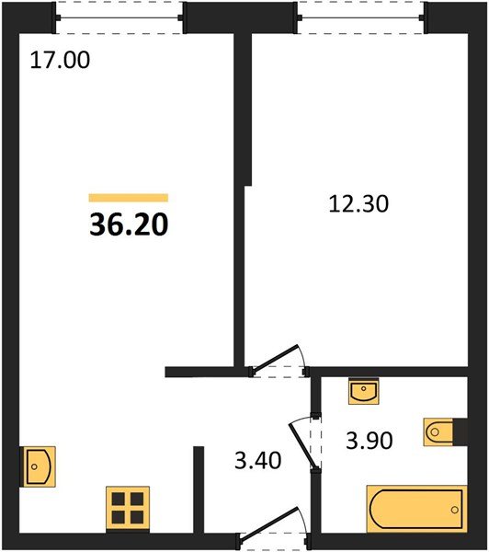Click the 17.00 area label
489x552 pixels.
click(x=60, y=60)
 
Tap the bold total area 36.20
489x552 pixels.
click(x=129, y=224)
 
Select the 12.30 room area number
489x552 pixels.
click(x=358, y=204)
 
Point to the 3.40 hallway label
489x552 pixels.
click(x=258, y=461)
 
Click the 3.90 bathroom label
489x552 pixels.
click(x=369, y=441)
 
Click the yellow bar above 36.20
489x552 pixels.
click(x=129, y=198)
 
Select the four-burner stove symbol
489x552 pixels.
click(x=128, y=508)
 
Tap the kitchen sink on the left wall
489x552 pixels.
click(x=38, y=466)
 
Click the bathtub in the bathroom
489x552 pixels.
click(x=416, y=509)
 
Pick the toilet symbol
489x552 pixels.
click(x=438, y=432)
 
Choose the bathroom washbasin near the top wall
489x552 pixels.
click(x=364, y=391)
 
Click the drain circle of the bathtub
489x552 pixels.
click(x=454, y=510)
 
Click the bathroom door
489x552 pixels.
click(x=305, y=443)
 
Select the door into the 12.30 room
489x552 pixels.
click(x=278, y=361)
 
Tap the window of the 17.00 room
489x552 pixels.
click(x=119, y=17)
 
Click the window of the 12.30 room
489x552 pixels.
click(x=362, y=17)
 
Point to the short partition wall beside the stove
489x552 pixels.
click(x=199, y=489)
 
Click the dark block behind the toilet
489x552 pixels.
click(x=461, y=432)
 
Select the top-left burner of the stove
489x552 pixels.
click(x=119, y=499)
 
